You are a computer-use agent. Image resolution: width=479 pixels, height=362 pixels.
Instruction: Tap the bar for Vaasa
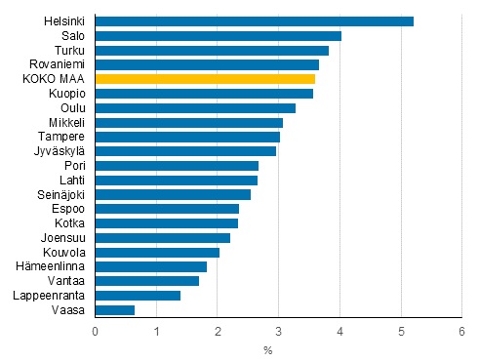point(115,310)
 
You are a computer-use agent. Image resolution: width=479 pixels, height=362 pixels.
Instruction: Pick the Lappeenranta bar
point(138,296)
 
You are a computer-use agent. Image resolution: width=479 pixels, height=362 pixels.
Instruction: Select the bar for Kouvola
point(157,252)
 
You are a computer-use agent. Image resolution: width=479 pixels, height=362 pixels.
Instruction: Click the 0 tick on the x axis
point(96,332)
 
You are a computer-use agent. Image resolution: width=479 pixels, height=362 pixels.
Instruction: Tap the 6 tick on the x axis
point(461,332)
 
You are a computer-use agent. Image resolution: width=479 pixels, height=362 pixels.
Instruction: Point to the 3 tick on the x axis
point(278,332)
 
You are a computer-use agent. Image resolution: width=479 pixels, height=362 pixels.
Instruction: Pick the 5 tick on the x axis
point(401,332)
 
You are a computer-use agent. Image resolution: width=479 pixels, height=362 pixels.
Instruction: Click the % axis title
point(267,349)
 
